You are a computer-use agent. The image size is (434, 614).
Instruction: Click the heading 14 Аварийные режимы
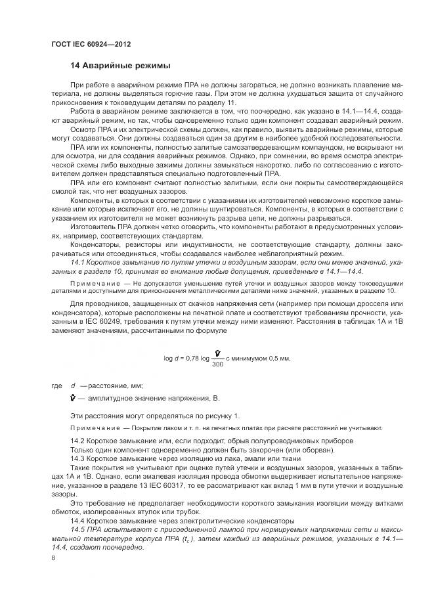pyautogui.click(x=120, y=66)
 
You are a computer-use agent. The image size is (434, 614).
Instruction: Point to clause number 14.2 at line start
pyautogui.click(x=77, y=440)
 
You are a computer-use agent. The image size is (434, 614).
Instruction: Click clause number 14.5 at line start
pyautogui.click(x=78, y=529)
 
